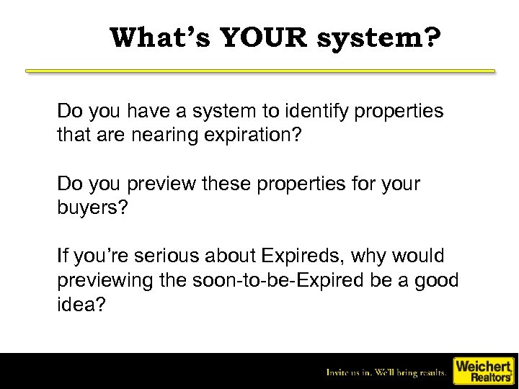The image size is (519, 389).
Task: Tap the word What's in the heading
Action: [159, 37]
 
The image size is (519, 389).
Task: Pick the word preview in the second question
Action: [161, 185]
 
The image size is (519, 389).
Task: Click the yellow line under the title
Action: [260, 71]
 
